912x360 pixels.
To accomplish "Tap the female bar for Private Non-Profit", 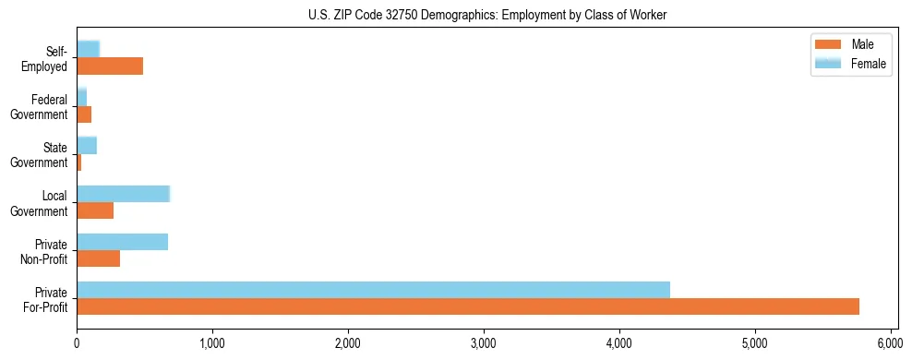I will click(122, 242).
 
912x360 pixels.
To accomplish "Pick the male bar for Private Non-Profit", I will click(98, 258).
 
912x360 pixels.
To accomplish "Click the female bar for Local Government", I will click(123, 194).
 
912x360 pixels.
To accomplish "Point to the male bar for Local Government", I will click(95, 210).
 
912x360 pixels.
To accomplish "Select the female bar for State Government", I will click(87, 146).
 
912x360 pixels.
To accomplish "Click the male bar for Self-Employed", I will click(110, 66).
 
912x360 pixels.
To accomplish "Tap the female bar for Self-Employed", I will click(88, 49).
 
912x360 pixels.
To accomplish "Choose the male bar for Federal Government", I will click(84, 114).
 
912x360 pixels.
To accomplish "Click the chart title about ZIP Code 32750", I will click(486, 15).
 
